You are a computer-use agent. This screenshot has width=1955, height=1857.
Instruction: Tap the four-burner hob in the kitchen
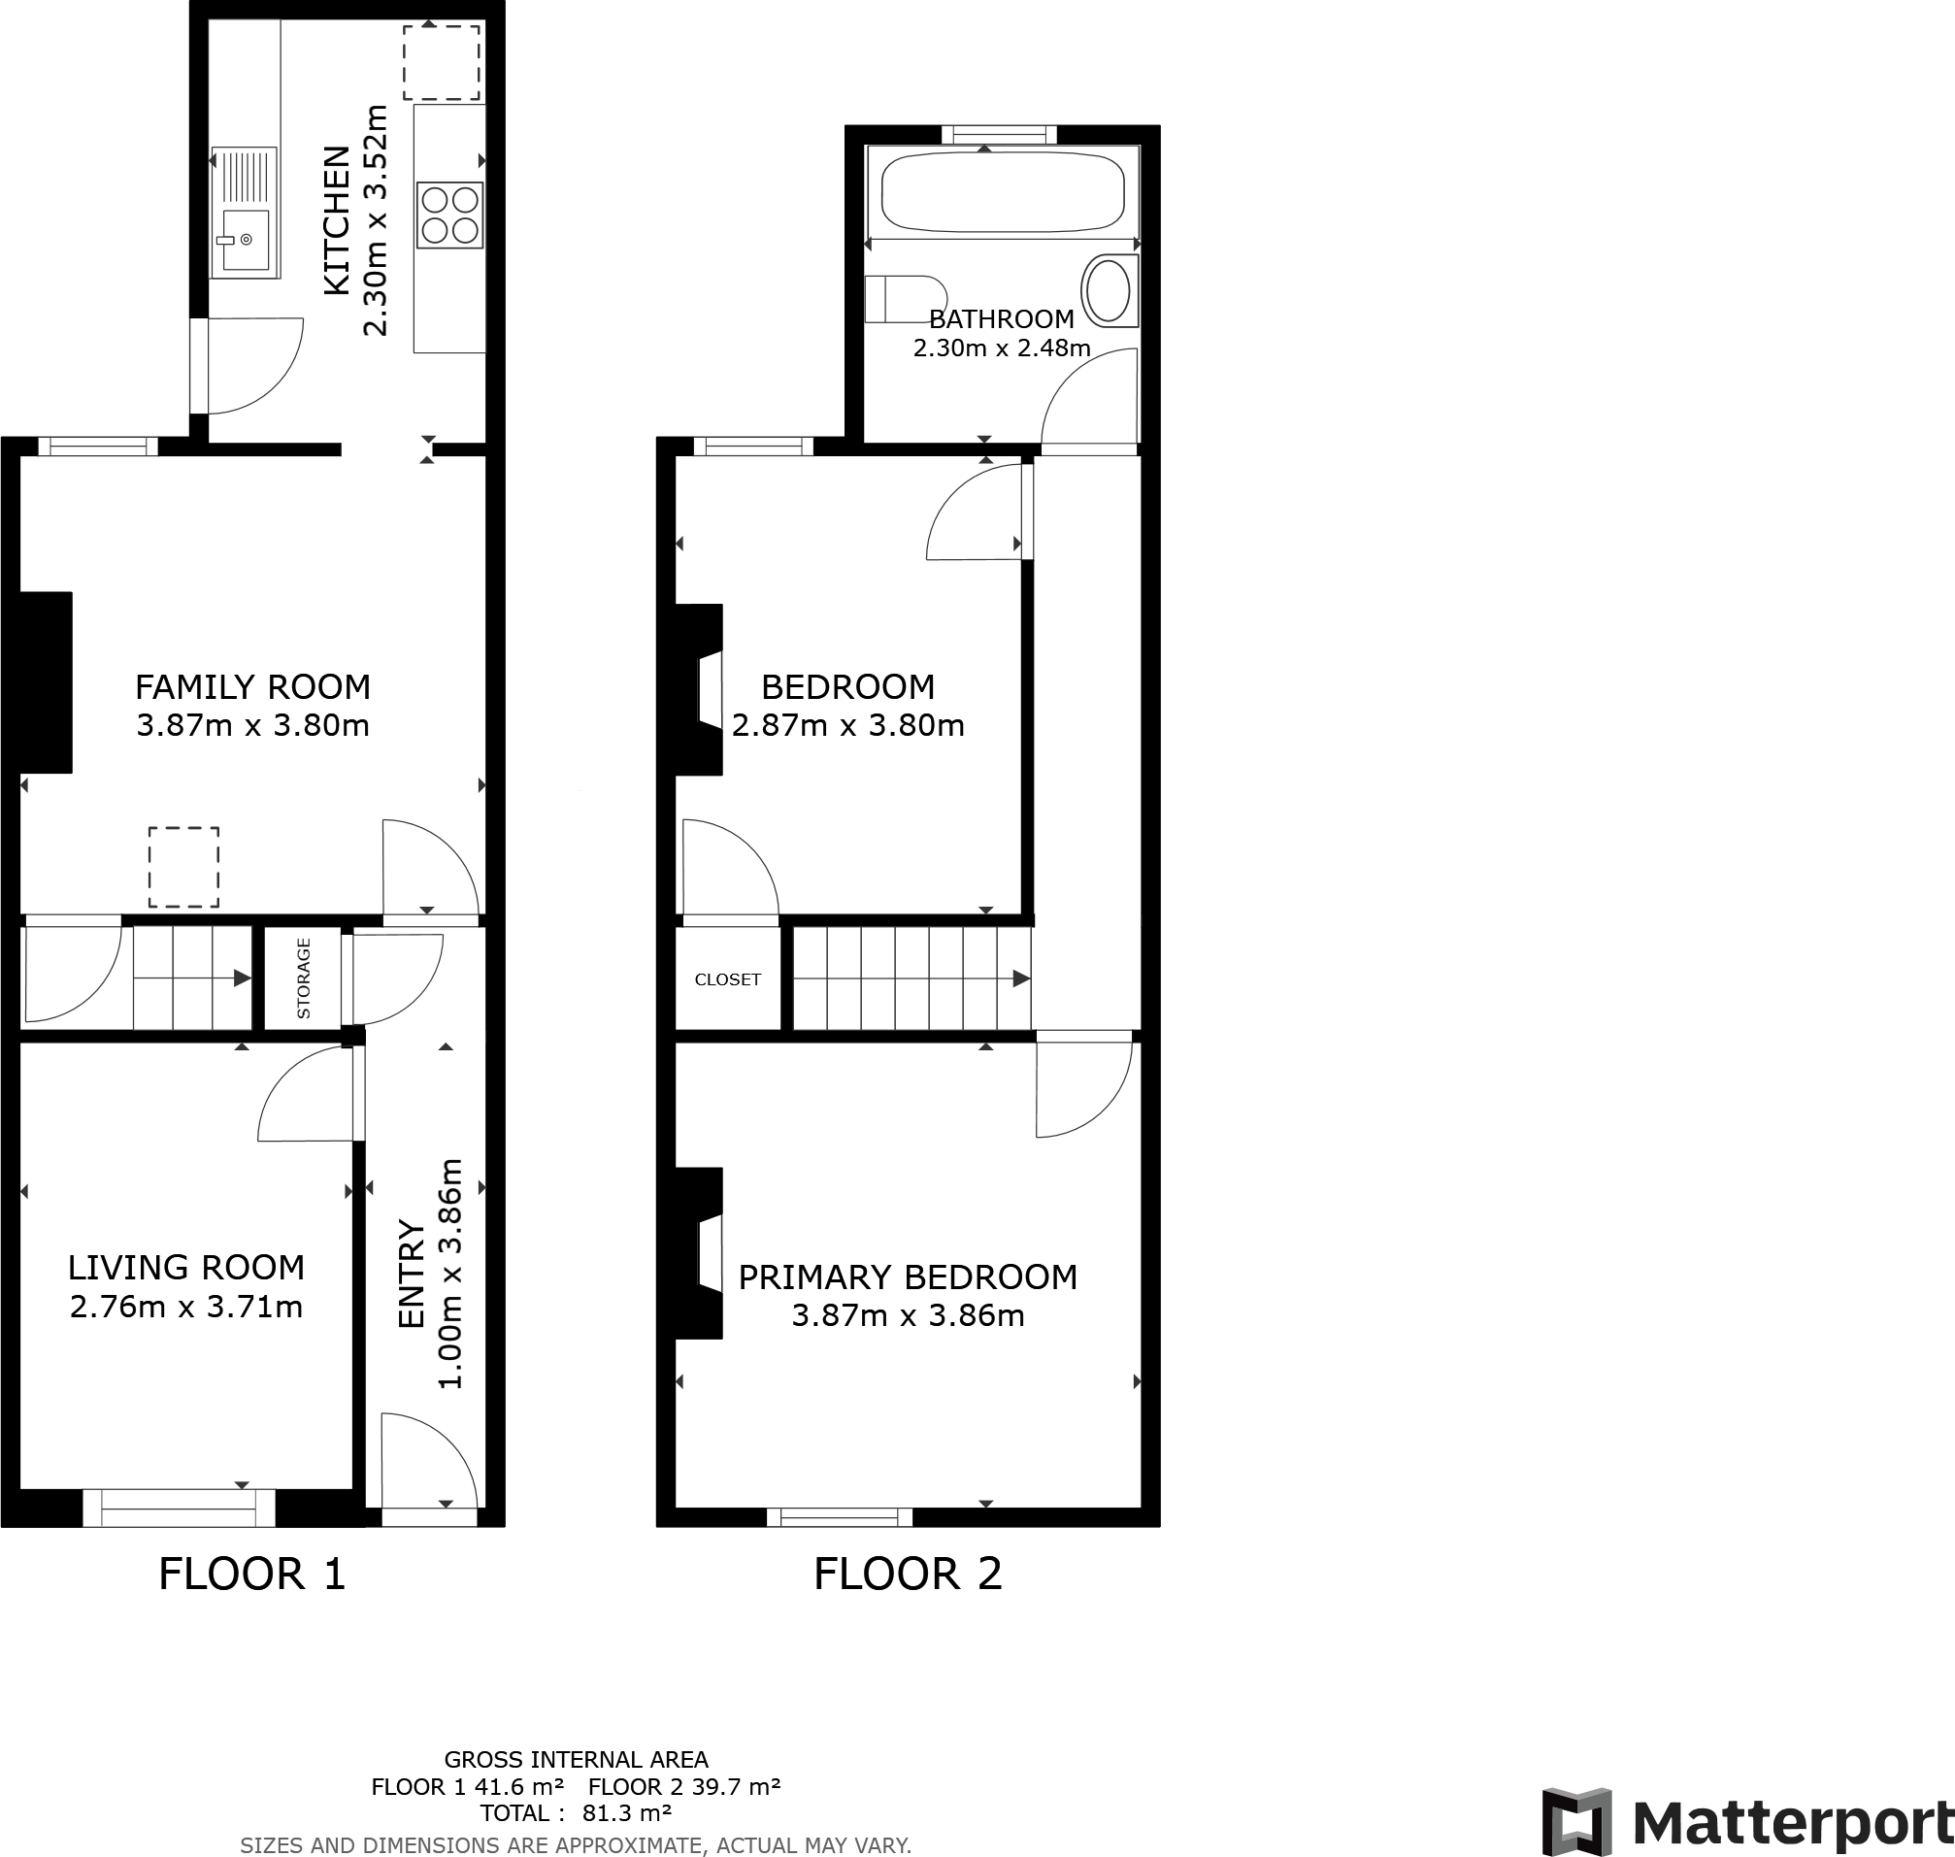click(450, 215)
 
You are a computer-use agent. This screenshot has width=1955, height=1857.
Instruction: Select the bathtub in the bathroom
click(1003, 191)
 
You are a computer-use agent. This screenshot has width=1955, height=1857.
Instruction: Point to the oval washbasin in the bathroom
click(1109, 291)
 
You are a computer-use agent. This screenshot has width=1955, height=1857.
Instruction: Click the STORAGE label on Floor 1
click(304, 978)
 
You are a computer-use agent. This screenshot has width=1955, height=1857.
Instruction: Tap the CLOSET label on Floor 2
click(728, 980)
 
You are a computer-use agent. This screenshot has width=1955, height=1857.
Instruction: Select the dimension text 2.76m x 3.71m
click(186, 1308)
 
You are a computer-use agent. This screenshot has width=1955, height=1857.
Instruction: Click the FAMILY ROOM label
click(252, 687)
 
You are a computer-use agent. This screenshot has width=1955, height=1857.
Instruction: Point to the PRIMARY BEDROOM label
click(908, 1277)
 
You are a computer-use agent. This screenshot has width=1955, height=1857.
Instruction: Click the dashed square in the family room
click(184, 867)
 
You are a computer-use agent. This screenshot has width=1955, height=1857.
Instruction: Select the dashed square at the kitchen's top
click(442, 62)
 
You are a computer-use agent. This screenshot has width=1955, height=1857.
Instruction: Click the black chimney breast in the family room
click(46, 682)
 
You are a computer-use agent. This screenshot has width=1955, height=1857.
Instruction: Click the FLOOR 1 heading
click(252, 1575)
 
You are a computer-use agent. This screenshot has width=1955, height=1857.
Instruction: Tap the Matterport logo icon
click(1577, 1819)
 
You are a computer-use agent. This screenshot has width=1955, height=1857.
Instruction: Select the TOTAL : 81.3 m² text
click(575, 1813)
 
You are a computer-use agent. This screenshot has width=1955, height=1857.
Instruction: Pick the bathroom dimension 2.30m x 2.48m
click(1001, 348)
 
